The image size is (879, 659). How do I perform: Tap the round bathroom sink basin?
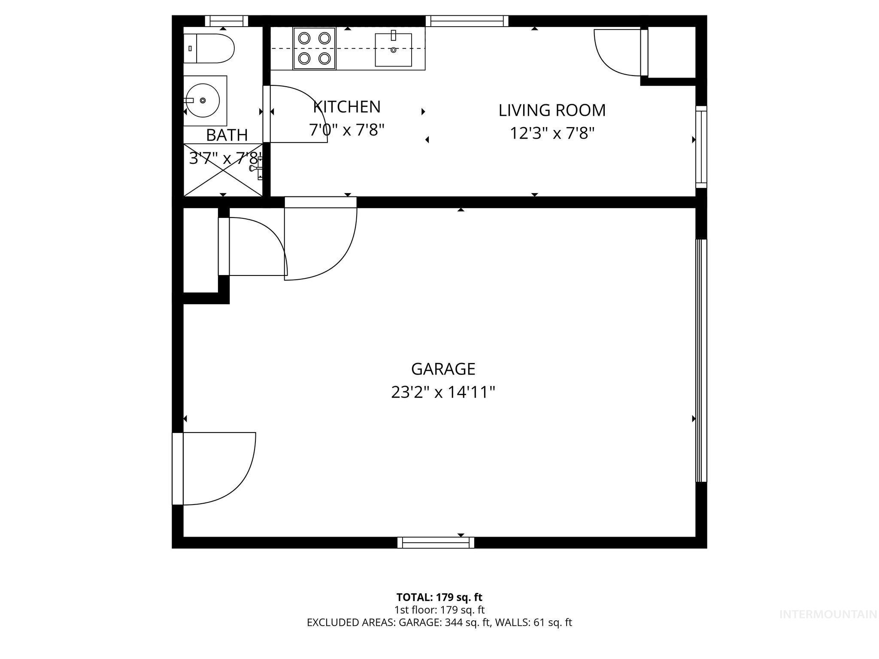click(202, 100)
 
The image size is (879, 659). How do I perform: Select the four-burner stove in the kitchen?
click(314, 48)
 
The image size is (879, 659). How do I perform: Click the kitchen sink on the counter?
click(393, 50)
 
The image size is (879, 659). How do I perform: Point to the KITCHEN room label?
click(347, 107)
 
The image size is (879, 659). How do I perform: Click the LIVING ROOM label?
click(552, 110)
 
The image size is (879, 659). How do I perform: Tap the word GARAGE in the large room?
click(443, 369)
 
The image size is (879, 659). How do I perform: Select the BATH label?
click(227, 135)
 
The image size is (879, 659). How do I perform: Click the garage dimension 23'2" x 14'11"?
click(443, 392)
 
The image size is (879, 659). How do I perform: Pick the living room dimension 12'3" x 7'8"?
click(552, 133)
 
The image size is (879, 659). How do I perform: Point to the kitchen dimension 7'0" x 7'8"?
click(347, 130)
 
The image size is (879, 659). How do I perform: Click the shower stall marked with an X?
click(223, 170)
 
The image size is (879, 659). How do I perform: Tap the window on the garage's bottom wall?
click(436, 543)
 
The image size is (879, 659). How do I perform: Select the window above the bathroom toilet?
click(226, 21)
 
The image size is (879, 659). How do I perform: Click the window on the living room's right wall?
click(701, 146)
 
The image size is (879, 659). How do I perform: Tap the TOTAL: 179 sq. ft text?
click(439, 597)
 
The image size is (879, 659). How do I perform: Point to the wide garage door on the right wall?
click(700, 360)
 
